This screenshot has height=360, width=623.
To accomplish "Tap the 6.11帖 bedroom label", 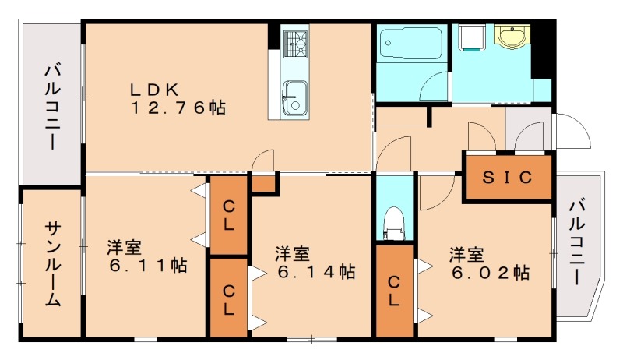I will click(147, 257).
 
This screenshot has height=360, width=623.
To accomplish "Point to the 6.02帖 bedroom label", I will click(488, 263).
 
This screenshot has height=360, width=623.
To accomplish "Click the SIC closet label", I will click(508, 177).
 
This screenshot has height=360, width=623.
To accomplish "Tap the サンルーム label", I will click(52, 263).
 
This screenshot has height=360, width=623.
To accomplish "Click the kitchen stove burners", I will click(295, 44).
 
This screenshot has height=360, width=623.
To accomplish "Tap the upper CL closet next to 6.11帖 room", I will click(229, 215).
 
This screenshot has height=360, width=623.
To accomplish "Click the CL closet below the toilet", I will click(395, 291).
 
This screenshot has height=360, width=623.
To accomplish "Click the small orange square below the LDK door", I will click(265, 183).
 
